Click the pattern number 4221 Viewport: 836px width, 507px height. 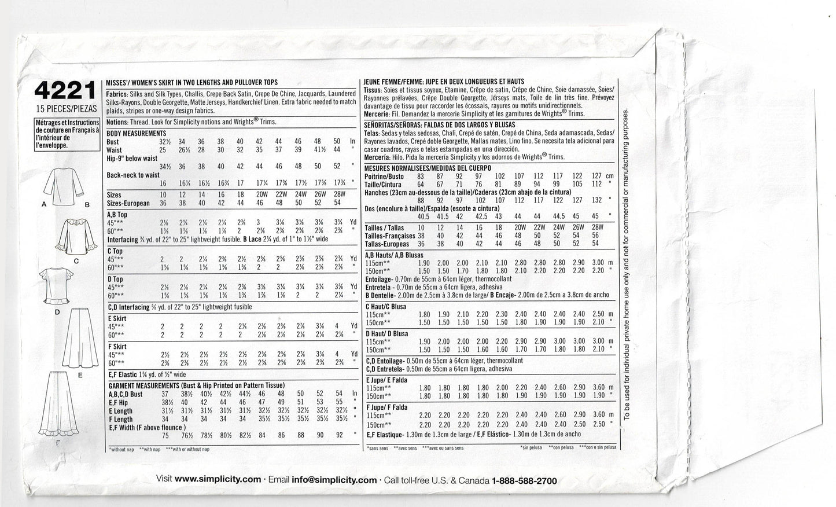64,91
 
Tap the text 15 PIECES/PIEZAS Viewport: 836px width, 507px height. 64,109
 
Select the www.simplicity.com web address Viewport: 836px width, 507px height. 218,480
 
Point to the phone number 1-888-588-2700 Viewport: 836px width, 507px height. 516,480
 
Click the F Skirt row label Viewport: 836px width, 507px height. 117,346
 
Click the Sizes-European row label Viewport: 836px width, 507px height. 128,203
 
